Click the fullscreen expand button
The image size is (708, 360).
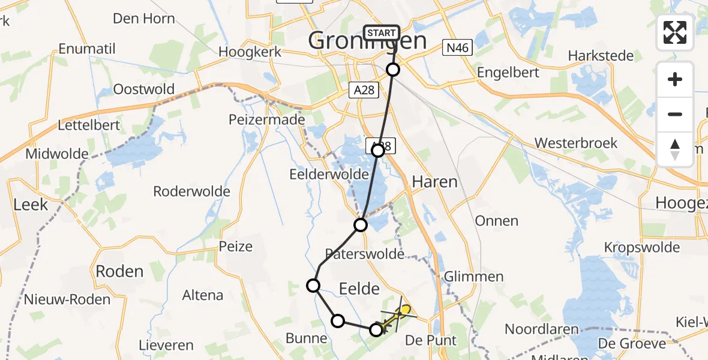675,32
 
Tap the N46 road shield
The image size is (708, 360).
458,48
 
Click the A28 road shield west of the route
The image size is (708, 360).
364,91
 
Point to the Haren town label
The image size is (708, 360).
435,181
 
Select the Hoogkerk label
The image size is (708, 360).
250,52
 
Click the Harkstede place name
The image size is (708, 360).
601,56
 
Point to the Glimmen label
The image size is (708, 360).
473,277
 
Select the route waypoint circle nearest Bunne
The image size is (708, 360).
338,321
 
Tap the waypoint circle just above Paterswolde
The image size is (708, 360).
361,225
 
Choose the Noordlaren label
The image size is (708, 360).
541,329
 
